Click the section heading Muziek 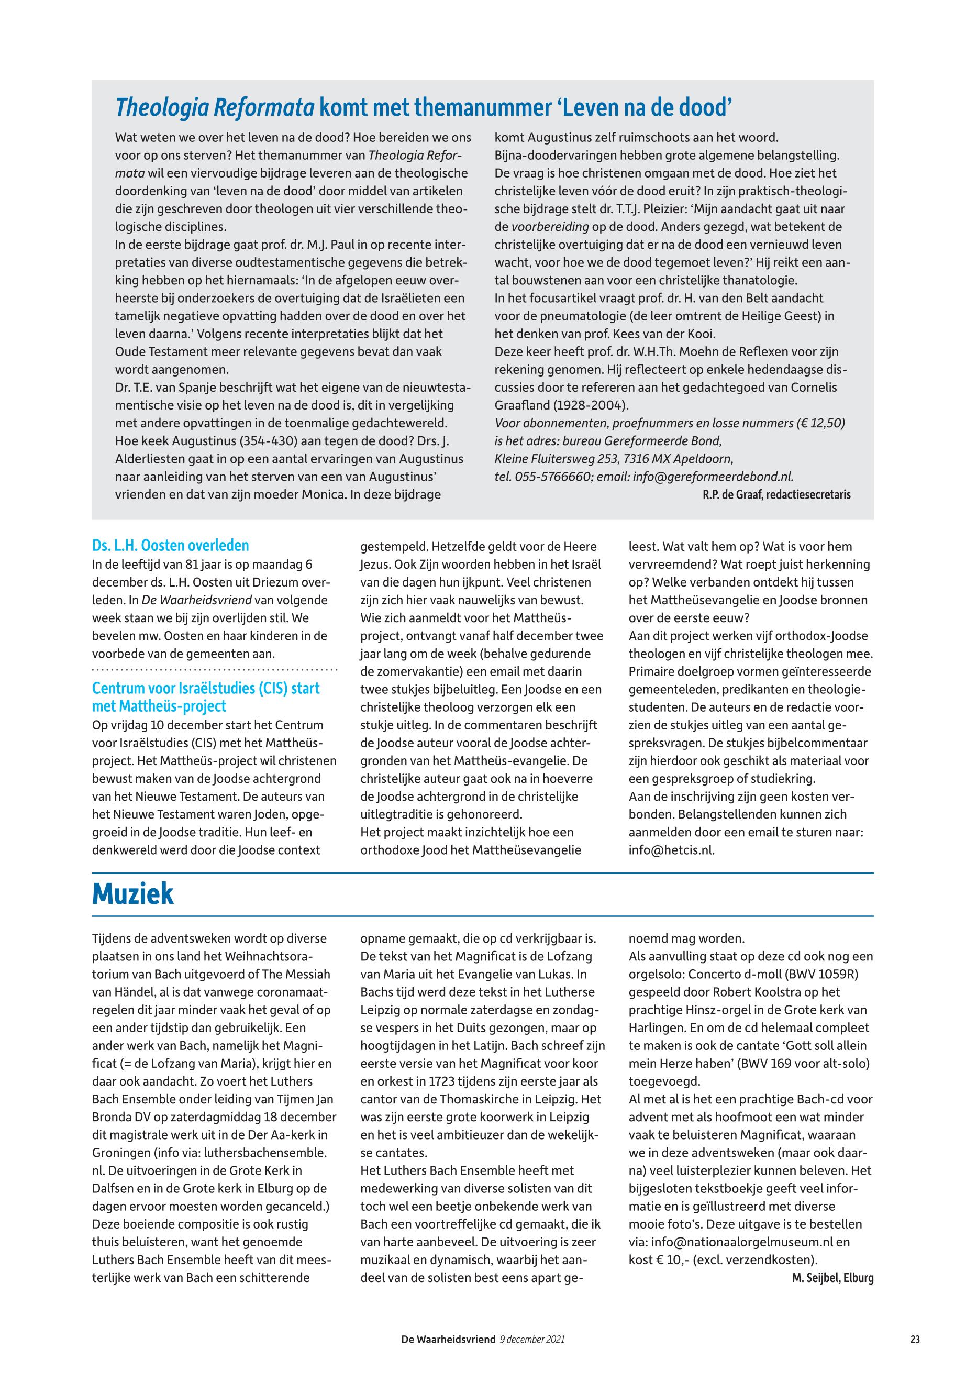pyautogui.click(x=132, y=894)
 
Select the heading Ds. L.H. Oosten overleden pyautogui.click(x=170, y=546)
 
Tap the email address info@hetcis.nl pyautogui.click(x=671, y=850)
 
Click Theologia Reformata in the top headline pyautogui.click(x=215, y=108)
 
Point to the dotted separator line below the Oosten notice pyautogui.click(x=214, y=670)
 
